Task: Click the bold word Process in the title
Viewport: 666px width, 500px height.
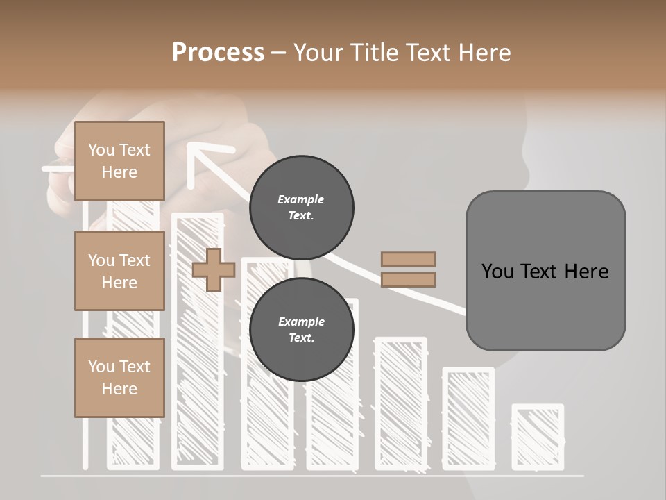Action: pyautogui.click(x=218, y=52)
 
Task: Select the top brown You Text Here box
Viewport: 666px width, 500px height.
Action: pyautogui.click(x=119, y=161)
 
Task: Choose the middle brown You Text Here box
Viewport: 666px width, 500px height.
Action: pyautogui.click(x=119, y=271)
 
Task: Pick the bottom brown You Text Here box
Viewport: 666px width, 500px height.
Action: pyautogui.click(x=119, y=378)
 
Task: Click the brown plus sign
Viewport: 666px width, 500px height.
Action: pyautogui.click(x=214, y=269)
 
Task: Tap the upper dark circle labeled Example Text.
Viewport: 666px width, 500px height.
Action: pyautogui.click(x=301, y=207)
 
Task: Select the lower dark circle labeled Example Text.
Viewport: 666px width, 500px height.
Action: pyautogui.click(x=301, y=329)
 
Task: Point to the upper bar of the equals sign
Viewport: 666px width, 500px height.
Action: pyautogui.click(x=408, y=259)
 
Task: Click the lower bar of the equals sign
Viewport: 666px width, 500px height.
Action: pyautogui.click(x=408, y=279)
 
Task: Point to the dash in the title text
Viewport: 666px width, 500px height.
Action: pyautogui.click(x=279, y=53)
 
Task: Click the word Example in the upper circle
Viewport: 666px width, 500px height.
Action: pyautogui.click(x=301, y=199)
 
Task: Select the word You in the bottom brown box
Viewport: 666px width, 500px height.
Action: pyautogui.click(x=101, y=367)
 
